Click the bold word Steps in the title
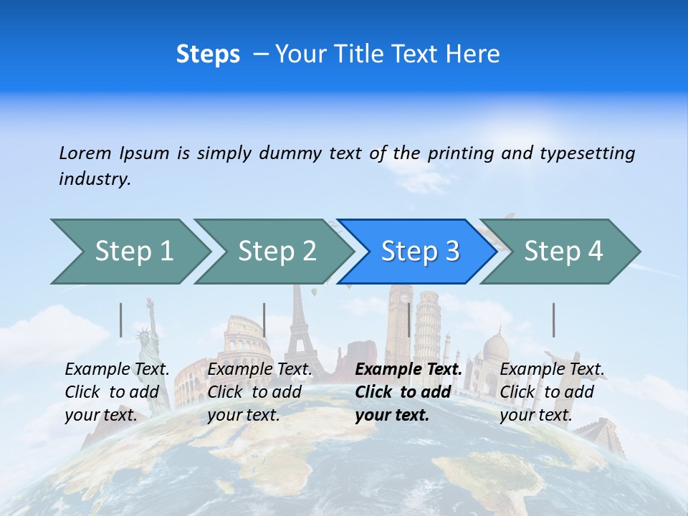coord(208,54)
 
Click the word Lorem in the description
coord(86,153)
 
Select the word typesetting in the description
coord(587,153)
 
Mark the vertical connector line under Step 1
coord(121,320)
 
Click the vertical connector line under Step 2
coord(264,320)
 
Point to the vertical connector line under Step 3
coord(409,320)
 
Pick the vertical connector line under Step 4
coord(553,320)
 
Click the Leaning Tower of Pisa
coord(427,322)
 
